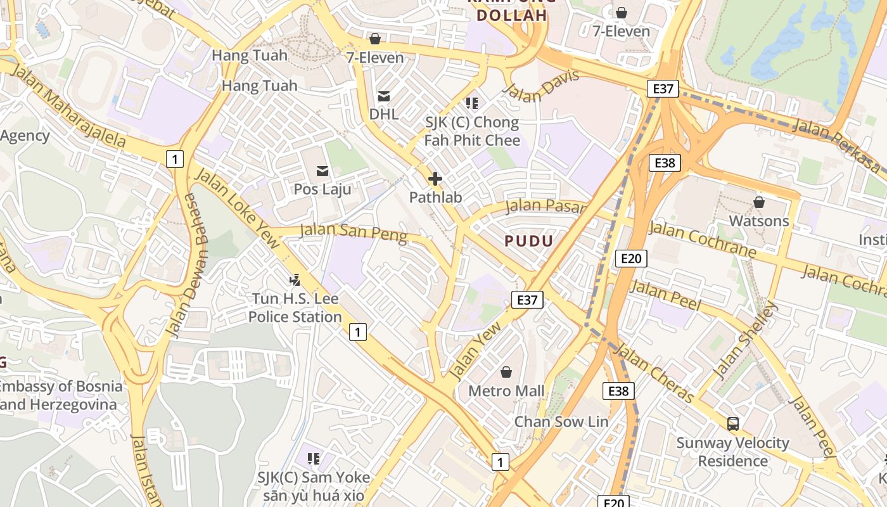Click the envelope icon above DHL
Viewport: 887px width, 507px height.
[384, 96]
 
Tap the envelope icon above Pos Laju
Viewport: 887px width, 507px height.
[322, 170]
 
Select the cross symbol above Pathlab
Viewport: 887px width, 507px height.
[435, 179]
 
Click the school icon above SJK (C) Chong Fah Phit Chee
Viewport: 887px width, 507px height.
[471, 103]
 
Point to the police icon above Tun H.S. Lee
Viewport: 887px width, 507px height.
[295, 279]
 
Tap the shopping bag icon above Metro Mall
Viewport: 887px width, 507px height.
[506, 371]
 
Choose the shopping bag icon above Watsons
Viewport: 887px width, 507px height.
[758, 202]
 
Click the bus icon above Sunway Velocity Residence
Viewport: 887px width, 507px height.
[733, 423]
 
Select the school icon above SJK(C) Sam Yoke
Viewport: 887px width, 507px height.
[313, 458]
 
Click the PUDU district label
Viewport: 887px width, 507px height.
[529, 241]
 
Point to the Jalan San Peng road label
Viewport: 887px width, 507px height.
[353, 232]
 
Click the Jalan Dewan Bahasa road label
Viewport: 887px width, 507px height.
[182, 265]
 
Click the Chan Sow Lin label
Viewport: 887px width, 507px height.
[561, 421]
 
